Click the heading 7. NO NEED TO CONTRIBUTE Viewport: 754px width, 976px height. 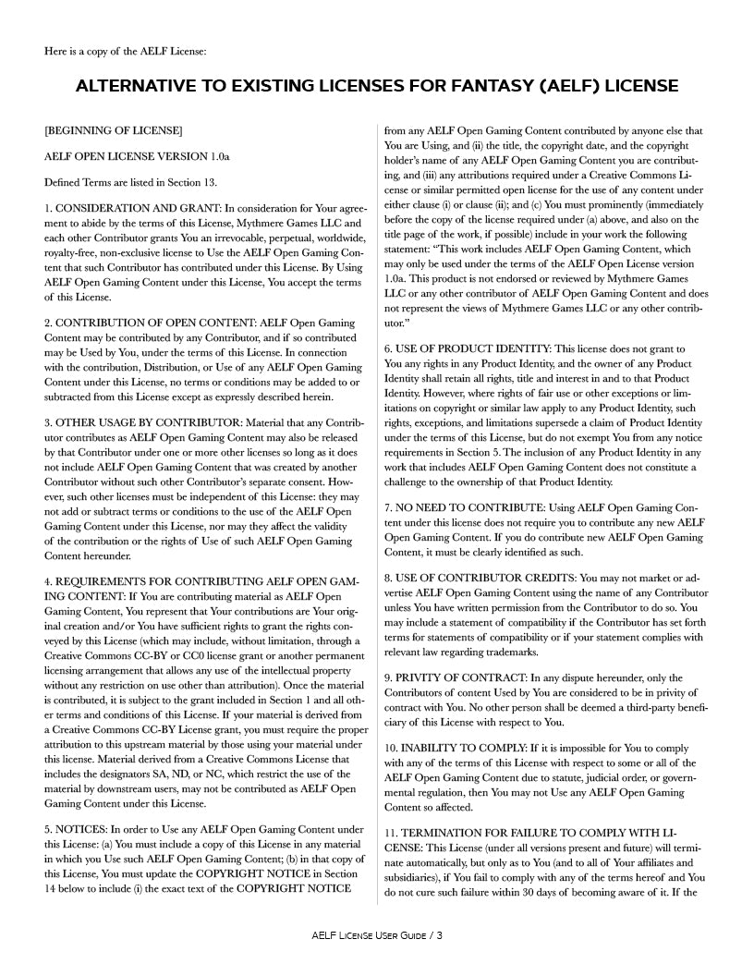(475, 507)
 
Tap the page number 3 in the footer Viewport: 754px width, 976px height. (440, 935)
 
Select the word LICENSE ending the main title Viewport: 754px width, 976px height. (637, 86)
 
